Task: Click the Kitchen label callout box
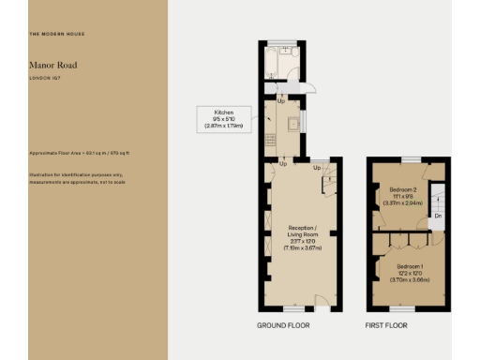[x=223, y=118]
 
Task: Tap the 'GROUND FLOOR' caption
[x=283, y=325]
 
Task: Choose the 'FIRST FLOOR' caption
[x=387, y=325]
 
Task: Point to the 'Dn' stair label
[x=437, y=217]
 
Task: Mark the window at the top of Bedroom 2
[x=407, y=159]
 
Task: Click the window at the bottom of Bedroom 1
[x=402, y=307]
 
